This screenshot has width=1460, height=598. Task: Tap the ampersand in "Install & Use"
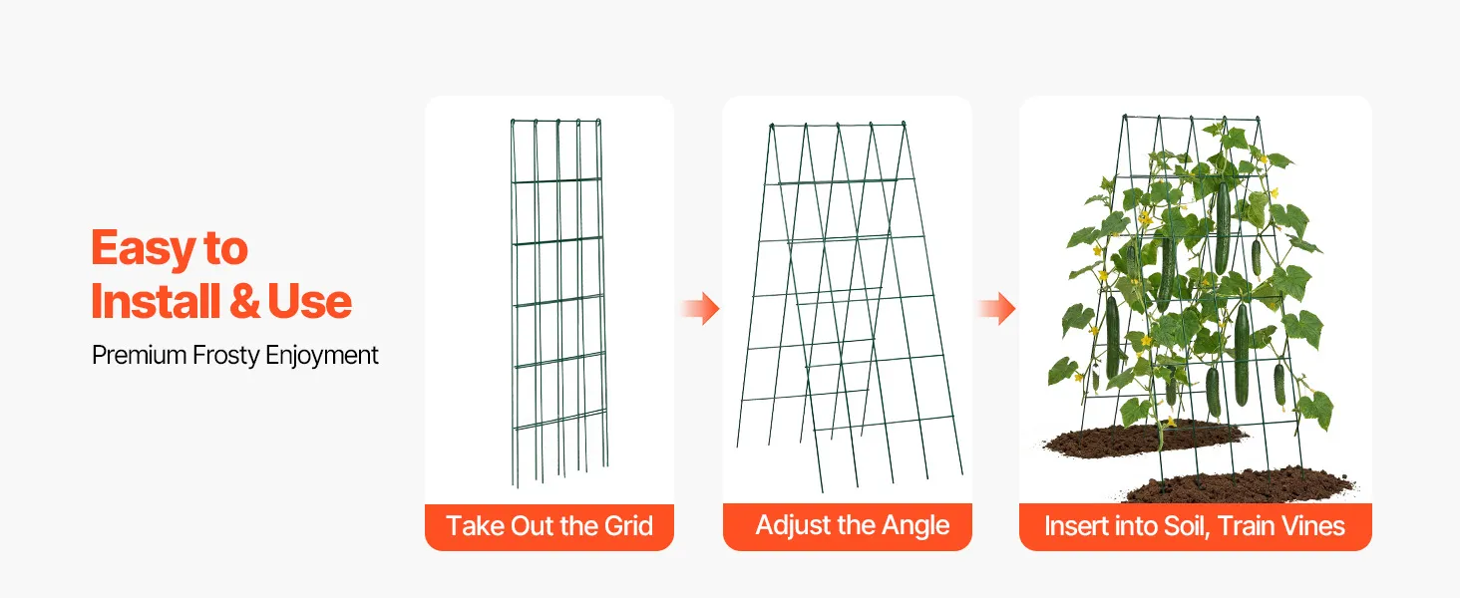(x=244, y=301)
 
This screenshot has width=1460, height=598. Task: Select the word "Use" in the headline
(x=309, y=301)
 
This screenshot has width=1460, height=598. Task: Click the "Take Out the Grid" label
(x=549, y=525)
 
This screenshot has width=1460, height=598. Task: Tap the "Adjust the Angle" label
(x=852, y=525)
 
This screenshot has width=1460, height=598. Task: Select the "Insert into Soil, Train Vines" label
(x=1194, y=526)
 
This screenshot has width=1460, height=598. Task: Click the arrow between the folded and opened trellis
(x=700, y=308)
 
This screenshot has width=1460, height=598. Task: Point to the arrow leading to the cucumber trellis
(x=996, y=308)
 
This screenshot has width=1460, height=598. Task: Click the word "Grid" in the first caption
(x=628, y=525)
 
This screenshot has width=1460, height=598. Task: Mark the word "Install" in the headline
(x=156, y=301)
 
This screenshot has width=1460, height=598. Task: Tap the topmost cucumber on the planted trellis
(x=1222, y=228)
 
